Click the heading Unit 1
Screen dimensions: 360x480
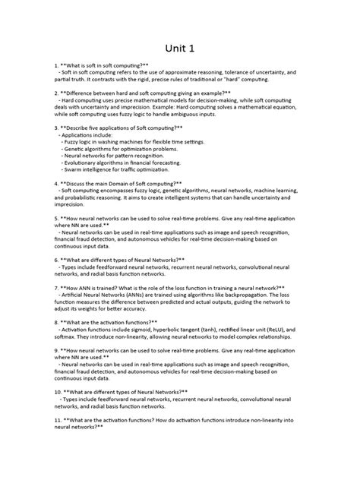click(180, 49)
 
